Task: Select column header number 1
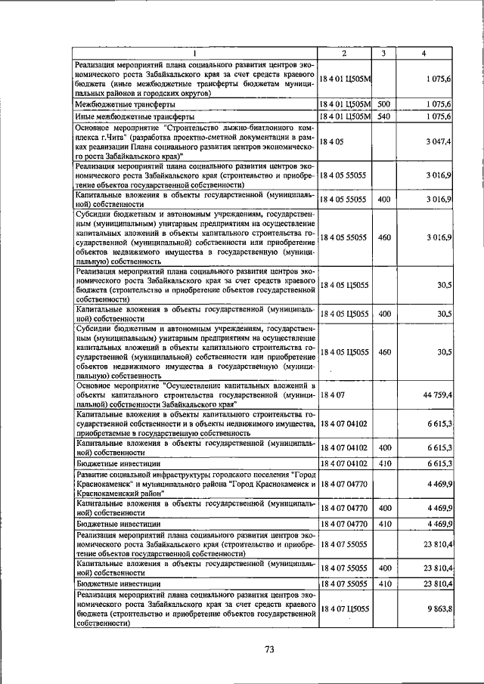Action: [195, 53]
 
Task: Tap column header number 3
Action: [383, 53]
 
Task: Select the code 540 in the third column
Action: [383, 117]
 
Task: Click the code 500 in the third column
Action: [383, 104]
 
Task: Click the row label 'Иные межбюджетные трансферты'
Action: [125, 117]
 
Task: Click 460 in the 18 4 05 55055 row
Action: [383, 237]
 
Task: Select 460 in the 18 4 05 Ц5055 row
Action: [383, 352]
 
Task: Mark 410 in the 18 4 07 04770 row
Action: [383, 523]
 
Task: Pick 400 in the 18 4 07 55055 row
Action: [383, 567]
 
